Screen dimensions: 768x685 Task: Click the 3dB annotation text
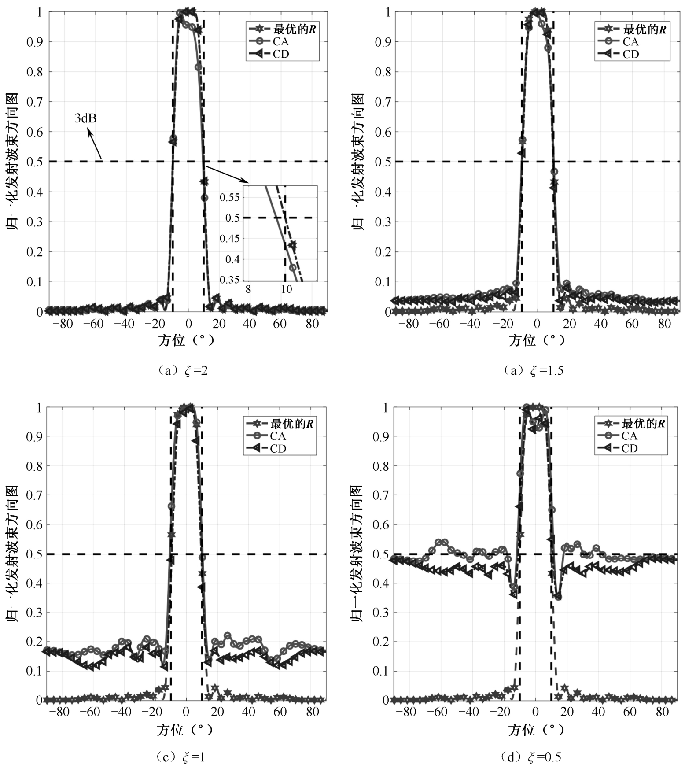tap(85, 118)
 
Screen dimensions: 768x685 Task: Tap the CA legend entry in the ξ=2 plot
tap(281, 42)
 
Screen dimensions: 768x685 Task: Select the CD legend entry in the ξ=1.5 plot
tap(630, 54)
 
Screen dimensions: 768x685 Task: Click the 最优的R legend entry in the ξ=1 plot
tap(292, 424)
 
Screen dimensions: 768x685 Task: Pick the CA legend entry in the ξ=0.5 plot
tap(629, 436)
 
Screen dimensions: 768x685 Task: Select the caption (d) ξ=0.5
tap(531, 757)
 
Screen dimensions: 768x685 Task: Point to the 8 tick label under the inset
tap(248, 289)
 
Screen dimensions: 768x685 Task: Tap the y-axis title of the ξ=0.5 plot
tap(357, 554)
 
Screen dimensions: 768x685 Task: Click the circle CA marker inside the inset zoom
tap(292, 267)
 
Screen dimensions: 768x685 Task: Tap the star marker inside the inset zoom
tap(292, 245)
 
